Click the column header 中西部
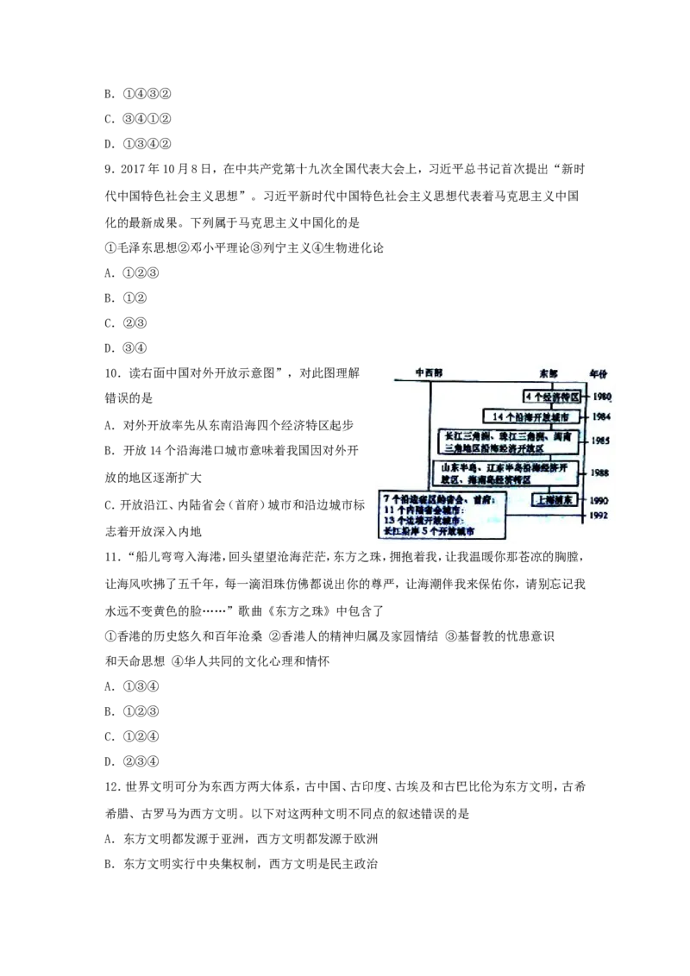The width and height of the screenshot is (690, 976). pos(429,372)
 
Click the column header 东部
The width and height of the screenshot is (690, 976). pos(549,372)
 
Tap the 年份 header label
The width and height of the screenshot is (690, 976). pos(599,372)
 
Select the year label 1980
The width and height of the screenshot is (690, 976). pos(601,397)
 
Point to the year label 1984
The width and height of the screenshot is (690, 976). pos(601,416)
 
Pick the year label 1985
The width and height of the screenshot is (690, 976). pos(601,441)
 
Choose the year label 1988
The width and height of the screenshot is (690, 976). pos(601,473)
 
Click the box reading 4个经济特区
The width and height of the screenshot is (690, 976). pos(553,397)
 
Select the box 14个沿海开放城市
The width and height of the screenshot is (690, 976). pos(531,416)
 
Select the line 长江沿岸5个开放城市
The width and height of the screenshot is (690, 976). pos(430,533)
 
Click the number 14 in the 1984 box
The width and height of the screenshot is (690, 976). pos(495,416)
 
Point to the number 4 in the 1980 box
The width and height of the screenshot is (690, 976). pos(528,397)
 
